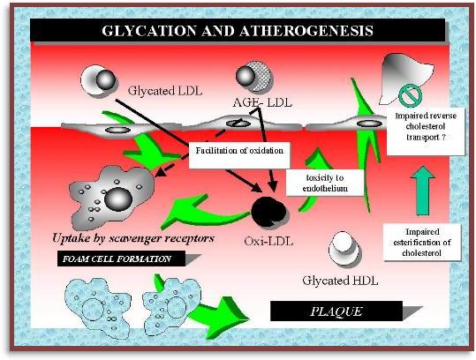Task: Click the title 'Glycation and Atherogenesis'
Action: tap(238, 31)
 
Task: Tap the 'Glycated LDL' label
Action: tap(165, 91)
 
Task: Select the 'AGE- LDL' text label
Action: tap(262, 102)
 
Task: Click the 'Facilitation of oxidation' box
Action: tap(239, 155)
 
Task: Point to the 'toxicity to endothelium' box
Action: tap(325, 183)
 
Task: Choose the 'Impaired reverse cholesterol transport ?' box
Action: tap(426, 131)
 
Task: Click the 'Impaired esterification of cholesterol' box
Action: tap(422, 242)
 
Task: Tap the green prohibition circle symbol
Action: tap(410, 95)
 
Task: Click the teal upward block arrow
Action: tap(423, 191)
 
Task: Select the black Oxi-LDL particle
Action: tap(268, 212)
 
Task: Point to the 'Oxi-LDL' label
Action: tap(268, 242)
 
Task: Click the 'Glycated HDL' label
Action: tap(340, 281)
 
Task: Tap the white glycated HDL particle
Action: tap(344, 248)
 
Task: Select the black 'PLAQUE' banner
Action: tap(336, 311)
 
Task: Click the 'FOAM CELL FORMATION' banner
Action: tap(121, 259)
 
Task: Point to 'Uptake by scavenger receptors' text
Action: tap(133, 238)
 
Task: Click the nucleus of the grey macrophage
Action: tap(118, 199)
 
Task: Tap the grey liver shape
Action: tap(405, 77)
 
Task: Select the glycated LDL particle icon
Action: tap(98, 79)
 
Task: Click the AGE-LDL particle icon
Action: tap(254, 76)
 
